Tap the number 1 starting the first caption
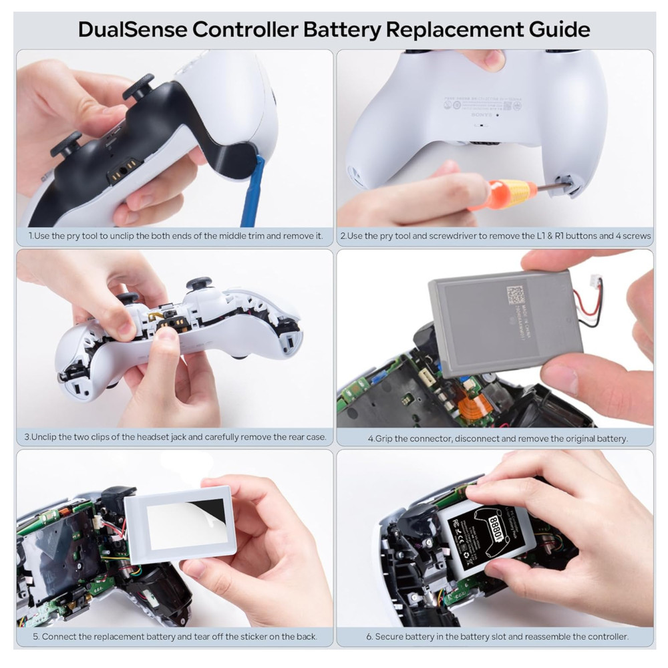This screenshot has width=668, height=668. pos(31,236)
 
